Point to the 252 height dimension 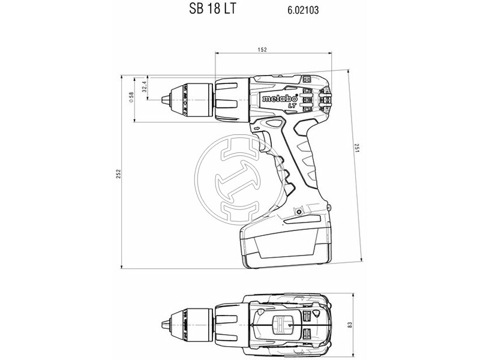[x=119, y=173]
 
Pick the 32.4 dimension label [x=145, y=88]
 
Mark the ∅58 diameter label [x=131, y=99]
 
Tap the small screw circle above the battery [x=298, y=211]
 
